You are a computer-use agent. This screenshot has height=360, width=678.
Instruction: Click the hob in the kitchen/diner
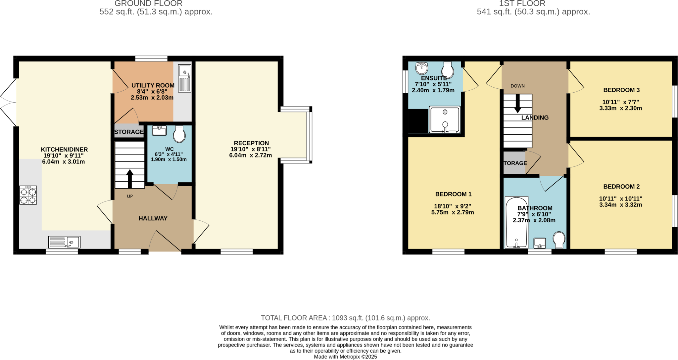(28, 195)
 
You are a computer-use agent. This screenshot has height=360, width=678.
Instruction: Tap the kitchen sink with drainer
(64, 242)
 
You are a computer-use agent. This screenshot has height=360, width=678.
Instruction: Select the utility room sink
(185, 78)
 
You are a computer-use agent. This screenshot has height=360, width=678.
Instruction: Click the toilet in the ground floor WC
(179, 134)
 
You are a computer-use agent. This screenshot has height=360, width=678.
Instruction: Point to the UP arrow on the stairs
(130, 179)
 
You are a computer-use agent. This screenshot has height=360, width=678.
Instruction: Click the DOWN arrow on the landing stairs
(517, 104)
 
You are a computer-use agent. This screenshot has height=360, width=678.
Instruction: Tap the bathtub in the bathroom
(516, 222)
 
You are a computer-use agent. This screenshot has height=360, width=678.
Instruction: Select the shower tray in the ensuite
(445, 119)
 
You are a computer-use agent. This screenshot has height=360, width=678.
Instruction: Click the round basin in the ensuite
(422, 68)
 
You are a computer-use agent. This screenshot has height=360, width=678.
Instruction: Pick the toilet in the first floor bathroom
(559, 239)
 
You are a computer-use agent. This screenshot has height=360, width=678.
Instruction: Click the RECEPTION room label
(251, 143)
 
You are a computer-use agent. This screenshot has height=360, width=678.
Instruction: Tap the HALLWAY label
(153, 218)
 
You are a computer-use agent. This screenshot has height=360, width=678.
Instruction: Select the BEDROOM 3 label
(621, 90)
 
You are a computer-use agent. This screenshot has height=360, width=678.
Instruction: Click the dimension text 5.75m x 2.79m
(452, 212)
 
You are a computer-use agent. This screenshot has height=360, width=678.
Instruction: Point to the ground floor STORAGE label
(129, 132)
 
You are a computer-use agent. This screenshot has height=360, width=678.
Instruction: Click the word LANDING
(535, 117)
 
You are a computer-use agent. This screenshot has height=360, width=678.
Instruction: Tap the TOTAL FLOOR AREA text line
(345, 318)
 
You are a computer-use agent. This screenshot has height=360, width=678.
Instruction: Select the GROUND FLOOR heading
(148, 4)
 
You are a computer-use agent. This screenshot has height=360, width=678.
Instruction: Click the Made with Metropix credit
(345, 357)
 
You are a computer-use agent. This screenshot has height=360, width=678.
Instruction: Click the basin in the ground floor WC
(159, 131)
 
